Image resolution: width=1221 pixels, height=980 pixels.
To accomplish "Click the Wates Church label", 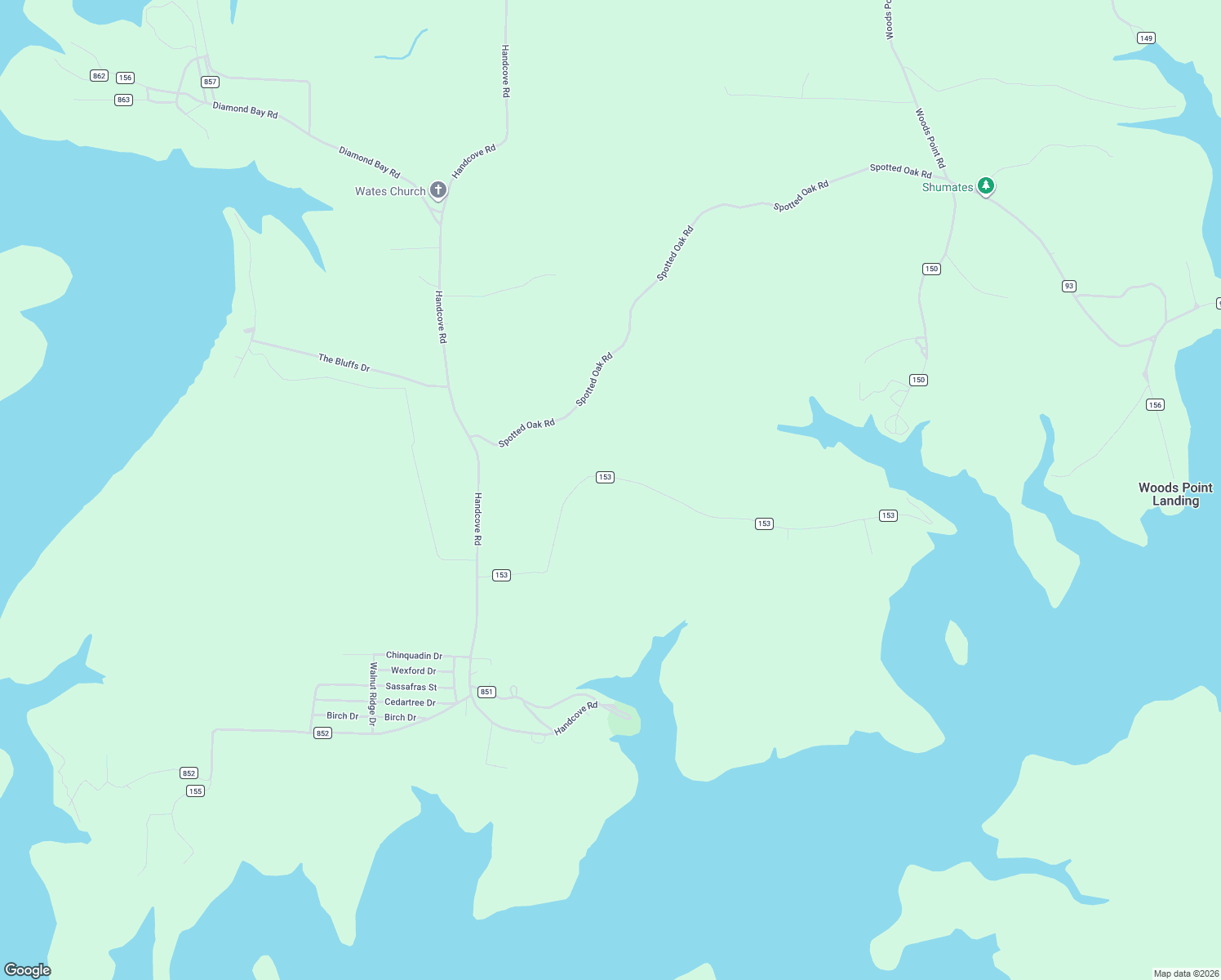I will pyautogui.click(x=390, y=192).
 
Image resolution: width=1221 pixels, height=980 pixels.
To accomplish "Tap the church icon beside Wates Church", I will pyautogui.click(x=438, y=190).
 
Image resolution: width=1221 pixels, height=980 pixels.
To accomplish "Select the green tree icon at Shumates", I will pyautogui.click(x=986, y=186).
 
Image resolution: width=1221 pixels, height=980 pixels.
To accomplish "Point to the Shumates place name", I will pyautogui.click(x=947, y=188).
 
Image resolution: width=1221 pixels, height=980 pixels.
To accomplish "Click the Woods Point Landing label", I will pyautogui.click(x=1175, y=494).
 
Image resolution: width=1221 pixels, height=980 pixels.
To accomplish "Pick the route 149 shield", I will pyautogui.click(x=1146, y=38).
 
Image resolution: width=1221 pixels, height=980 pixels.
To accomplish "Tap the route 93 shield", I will pyautogui.click(x=1068, y=286).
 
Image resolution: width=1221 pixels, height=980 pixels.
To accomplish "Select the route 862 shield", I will pyautogui.click(x=99, y=76).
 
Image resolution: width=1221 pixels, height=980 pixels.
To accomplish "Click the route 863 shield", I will pyautogui.click(x=123, y=100).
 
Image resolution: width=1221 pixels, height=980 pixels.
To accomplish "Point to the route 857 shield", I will pyautogui.click(x=211, y=82).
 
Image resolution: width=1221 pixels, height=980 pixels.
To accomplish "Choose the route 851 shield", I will pyautogui.click(x=486, y=692).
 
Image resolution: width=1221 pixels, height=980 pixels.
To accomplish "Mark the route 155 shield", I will pyautogui.click(x=195, y=791).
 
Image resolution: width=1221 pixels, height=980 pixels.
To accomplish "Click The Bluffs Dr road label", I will pyautogui.click(x=344, y=363).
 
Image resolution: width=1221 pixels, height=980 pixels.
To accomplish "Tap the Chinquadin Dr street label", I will pyautogui.click(x=414, y=656).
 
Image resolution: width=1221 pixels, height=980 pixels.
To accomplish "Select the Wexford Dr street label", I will pyautogui.click(x=413, y=671).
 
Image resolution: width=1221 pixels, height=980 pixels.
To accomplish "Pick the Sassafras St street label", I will pyautogui.click(x=411, y=687).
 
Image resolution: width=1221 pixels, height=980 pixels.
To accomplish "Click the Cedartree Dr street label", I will pyautogui.click(x=410, y=702).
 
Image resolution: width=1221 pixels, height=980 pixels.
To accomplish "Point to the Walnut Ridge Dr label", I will pyautogui.click(x=372, y=693).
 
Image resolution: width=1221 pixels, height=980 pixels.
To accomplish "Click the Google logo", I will pyautogui.click(x=28, y=969).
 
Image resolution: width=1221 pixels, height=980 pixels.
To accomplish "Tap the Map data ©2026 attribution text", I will pyautogui.click(x=1186, y=973).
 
